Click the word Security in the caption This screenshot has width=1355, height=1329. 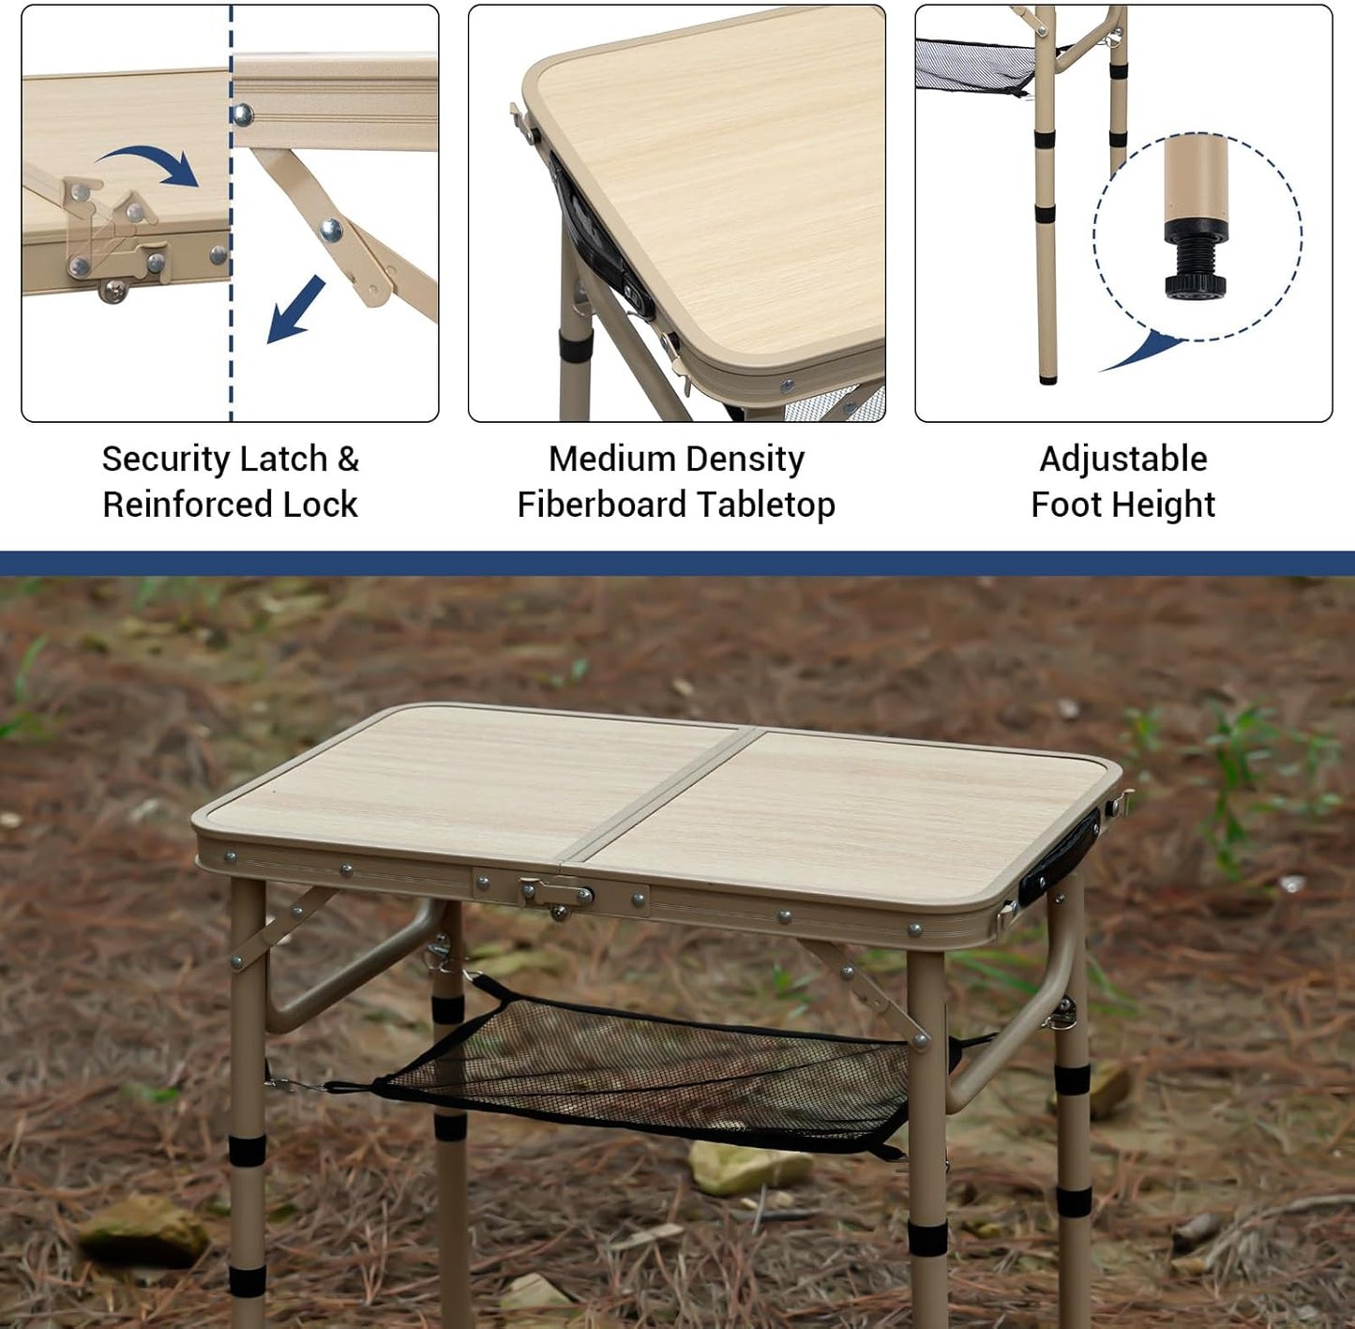click(167, 460)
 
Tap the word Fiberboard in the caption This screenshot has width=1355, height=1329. click(614, 505)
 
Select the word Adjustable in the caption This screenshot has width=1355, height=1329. click(1123, 460)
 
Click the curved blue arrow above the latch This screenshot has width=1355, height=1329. click(150, 164)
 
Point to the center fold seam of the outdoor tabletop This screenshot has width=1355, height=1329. click(656, 793)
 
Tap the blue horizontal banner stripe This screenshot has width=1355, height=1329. click(677, 563)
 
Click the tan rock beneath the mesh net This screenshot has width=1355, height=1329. click(750, 1168)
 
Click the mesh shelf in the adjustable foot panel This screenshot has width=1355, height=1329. click(975, 66)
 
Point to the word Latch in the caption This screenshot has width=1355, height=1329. click(285, 460)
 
